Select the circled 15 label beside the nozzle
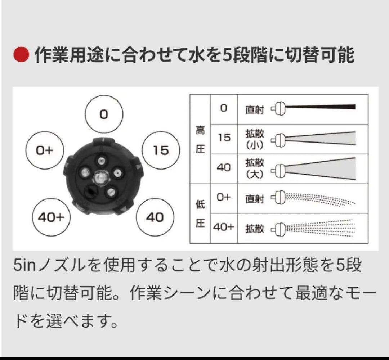click(x=160, y=150)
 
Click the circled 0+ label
click(x=45, y=150)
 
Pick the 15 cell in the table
click(x=223, y=138)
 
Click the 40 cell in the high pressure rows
click(x=223, y=168)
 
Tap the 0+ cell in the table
click(x=223, y=198)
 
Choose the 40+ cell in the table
click(x=223, y=228)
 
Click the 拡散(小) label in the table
click(x=255, y=138)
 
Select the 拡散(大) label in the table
click(x=255, y=168)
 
